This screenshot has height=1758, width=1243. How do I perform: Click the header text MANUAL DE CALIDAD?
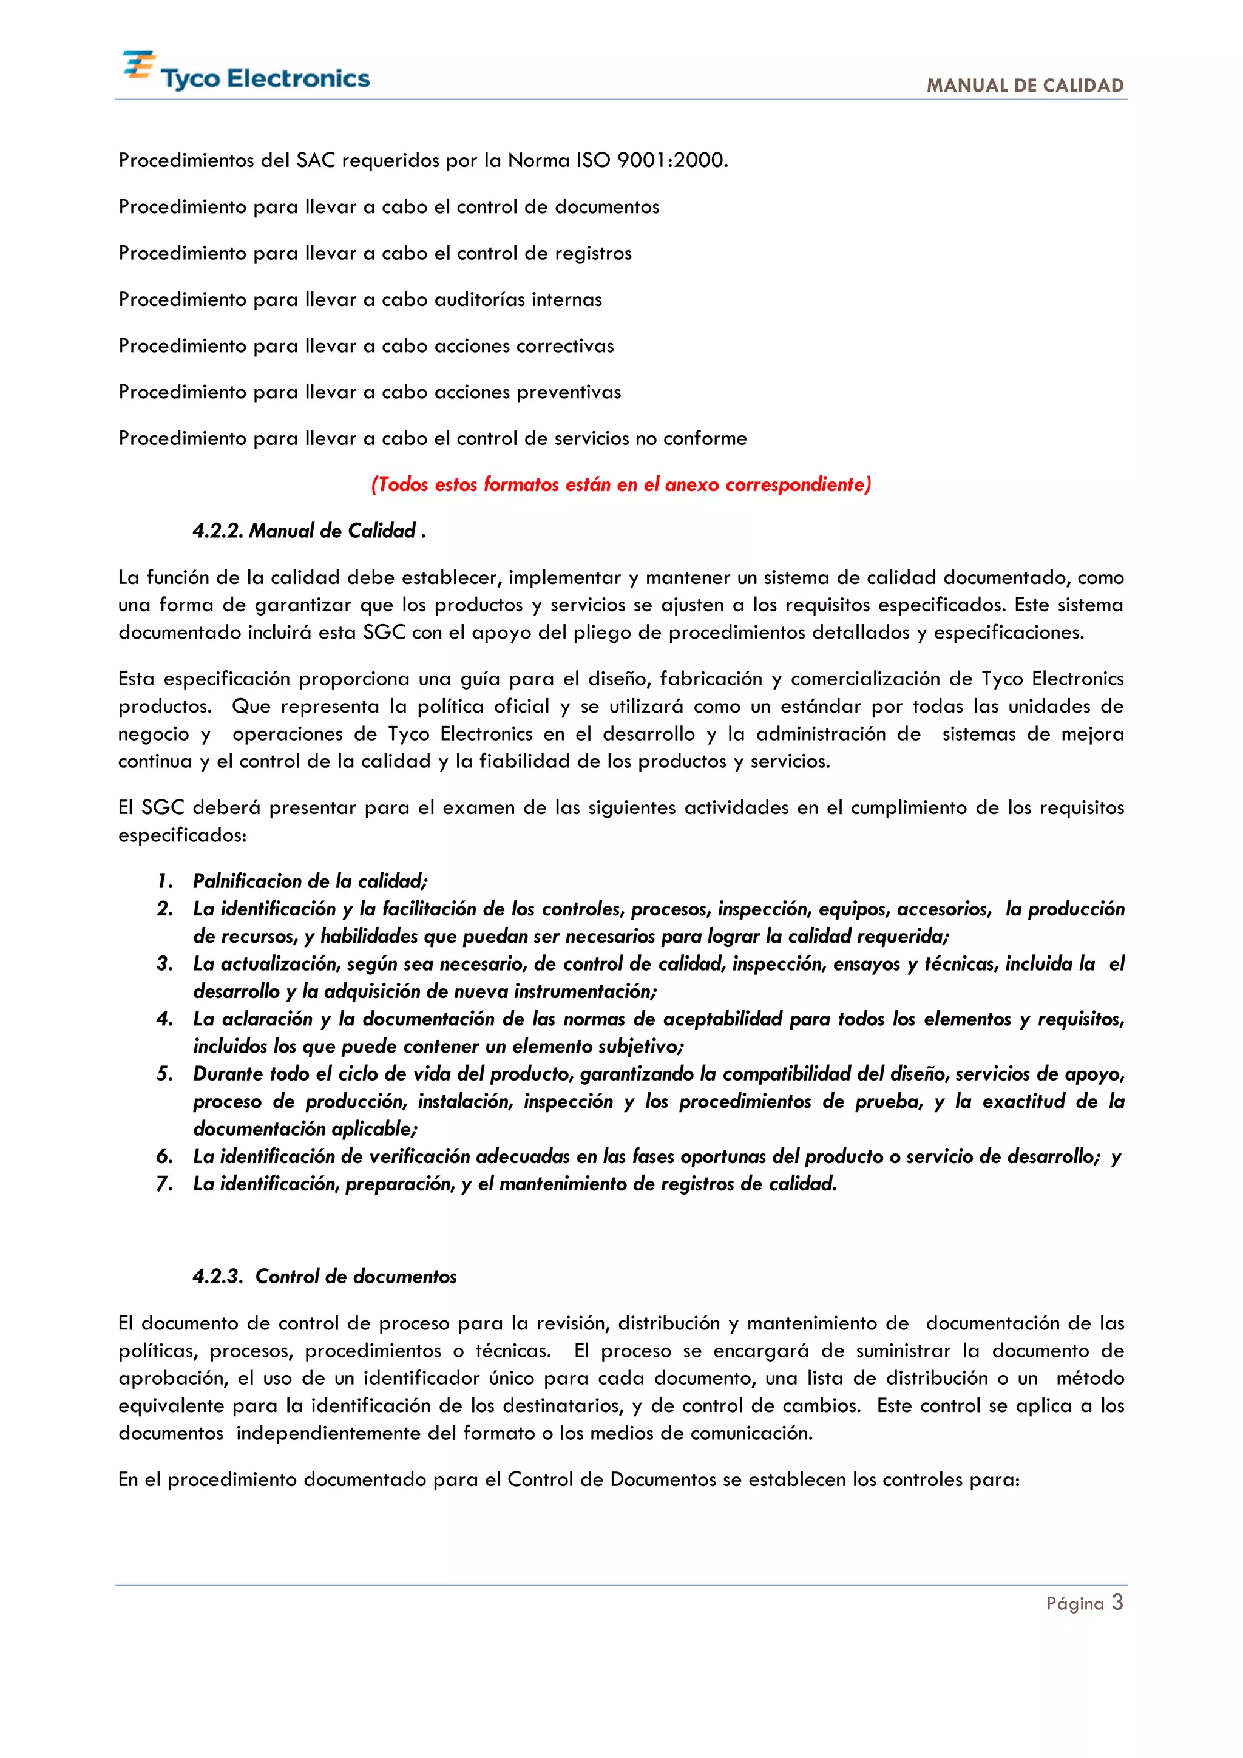pyautogui.click(x=1025, y=86)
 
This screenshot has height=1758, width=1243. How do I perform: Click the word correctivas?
pyautogui.click(x=565, y=346)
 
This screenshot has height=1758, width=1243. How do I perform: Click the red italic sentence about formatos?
pyautogui.click(x=621, y=484)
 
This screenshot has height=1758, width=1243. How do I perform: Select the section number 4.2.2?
pyautogui.click(x=217, y=531)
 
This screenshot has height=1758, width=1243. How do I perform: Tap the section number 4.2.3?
pyautogui.click(x=217, y=1277)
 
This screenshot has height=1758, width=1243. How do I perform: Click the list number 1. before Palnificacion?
pyautogui.click(x=164, y=881)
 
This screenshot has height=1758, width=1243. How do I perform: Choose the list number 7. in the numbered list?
pyautogui.click(x=164, y=1184)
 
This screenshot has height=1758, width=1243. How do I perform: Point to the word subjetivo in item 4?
pyautogui.click(x=640, y=1047)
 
